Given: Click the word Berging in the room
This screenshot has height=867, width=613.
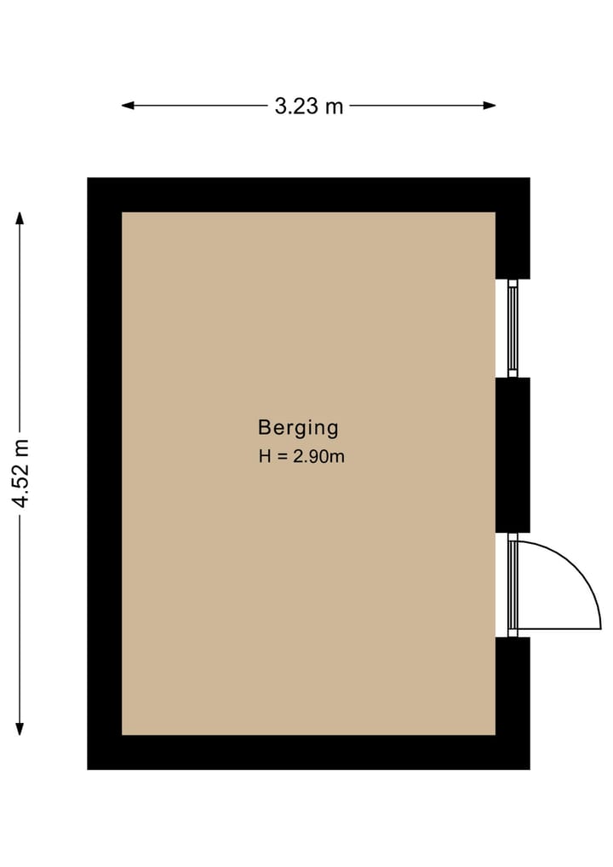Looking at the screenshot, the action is (x=298, y=428).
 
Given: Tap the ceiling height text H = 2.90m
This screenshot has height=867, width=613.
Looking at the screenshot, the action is (x=301, y=456).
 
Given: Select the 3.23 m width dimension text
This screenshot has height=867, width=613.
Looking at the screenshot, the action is (x=309, y=106).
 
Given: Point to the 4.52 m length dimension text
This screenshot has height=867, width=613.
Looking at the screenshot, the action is (x=21, y=473).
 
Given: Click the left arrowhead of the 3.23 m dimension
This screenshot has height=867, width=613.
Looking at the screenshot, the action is (x=128, y=105).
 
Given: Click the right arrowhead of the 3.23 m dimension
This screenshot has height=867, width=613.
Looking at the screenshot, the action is (x=490, y=105).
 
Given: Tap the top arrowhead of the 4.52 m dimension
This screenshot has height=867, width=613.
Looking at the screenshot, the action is (x=20, y=218).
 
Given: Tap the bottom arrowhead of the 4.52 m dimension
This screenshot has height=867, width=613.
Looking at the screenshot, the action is (x=20, y=729).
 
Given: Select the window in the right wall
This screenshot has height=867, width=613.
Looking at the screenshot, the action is (x=513, y=328).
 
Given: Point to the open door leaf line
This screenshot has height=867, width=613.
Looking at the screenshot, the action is (x=559, y=628).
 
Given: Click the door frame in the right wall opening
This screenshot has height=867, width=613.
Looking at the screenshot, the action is (x=513, y=585).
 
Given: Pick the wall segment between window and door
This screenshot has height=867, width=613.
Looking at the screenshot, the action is (x=513, y=455).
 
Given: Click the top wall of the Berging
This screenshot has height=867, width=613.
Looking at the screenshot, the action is (x=308, y=194).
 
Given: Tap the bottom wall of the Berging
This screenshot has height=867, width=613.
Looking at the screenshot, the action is (x=308, y=752).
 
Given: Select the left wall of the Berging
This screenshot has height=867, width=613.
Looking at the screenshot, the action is (x=105, y=473).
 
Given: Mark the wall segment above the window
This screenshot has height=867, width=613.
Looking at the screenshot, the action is (x=513, y=246).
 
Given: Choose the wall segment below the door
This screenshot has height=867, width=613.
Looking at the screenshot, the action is (x=513, y=686).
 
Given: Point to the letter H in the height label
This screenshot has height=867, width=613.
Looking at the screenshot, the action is (x=265, y=457).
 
